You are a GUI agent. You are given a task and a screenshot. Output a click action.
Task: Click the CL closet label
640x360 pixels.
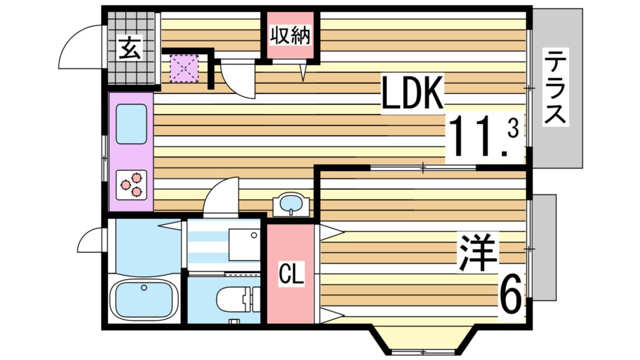(x=291, y=274)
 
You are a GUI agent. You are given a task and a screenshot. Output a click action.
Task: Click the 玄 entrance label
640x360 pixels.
(x=131, y=47)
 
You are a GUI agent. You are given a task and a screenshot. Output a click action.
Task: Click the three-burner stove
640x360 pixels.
(x=132, y=184)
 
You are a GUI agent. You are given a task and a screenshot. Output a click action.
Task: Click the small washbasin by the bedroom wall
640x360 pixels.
(x=290, y=204)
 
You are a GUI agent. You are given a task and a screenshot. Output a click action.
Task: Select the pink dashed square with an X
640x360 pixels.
(x=184, y=68)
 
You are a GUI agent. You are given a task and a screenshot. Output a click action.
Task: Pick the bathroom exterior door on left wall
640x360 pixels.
(x=91, y=239)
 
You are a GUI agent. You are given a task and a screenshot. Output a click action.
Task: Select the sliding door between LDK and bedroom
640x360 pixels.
(x=424, y=167)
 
